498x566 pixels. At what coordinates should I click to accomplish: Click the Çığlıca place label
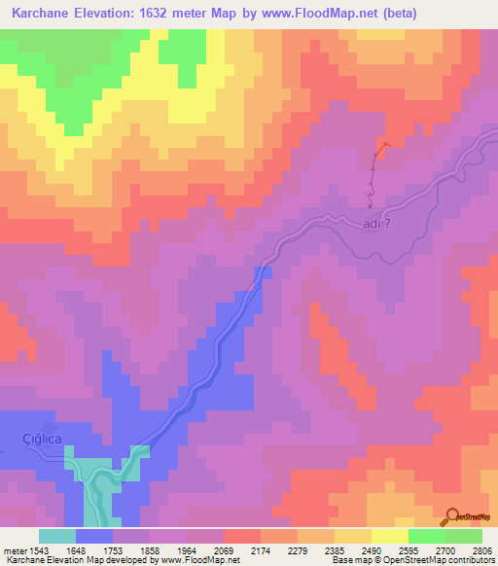point(42,440)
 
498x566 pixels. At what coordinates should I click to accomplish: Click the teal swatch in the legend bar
point(57,536)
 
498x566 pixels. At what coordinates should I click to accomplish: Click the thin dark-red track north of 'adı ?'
point(374,170)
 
